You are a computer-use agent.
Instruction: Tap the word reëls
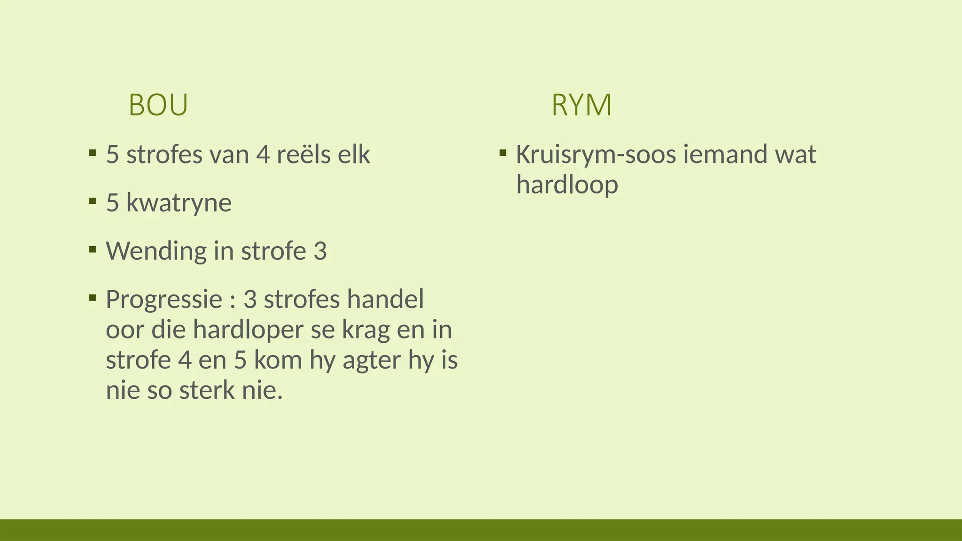(297, 155)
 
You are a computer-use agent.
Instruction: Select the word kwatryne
(179, 203)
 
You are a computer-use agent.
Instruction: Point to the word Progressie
(163, 300)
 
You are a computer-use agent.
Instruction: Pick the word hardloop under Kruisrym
(567, 184)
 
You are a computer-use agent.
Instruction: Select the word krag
(365, 331)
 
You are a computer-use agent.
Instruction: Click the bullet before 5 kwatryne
(93, 201)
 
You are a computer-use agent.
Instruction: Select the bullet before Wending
(93, 249)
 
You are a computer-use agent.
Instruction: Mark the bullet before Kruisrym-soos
(503, 153)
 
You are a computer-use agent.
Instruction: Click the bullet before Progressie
(93, 298)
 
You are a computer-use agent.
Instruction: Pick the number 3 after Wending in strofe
(320, 251)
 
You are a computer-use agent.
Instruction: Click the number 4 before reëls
(263, 155)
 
